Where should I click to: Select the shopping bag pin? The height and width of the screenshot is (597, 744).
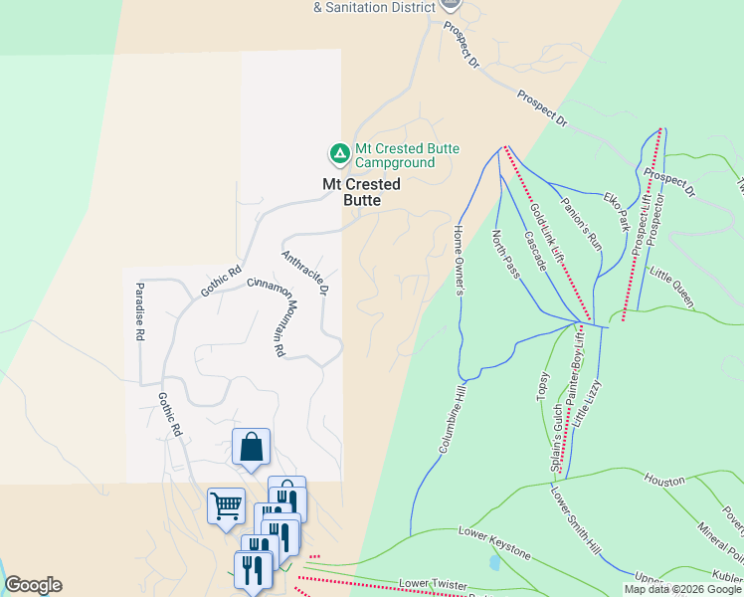pyautogui.click(x=251, y=448)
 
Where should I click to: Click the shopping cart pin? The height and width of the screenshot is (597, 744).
pyautogui.click(x=226, y=504)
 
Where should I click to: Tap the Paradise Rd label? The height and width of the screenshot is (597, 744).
pyautogui.click(x=140, y=312)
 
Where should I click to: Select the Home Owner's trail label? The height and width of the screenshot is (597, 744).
pyautogui.click(x=459, y=261)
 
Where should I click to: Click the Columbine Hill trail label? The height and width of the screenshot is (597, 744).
pyautogui.click(x=450, y=417)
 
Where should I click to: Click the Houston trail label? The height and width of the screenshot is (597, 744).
pyautogui.click(x=664, y=480)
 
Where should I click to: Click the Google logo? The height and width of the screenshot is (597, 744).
pyautogui.click(x=33, y=586)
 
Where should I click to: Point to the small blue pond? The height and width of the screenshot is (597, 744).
pyautogui.click(x=494, y=562)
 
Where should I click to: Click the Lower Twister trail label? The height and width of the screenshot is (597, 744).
pyautogui.click(x=432, y=583)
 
